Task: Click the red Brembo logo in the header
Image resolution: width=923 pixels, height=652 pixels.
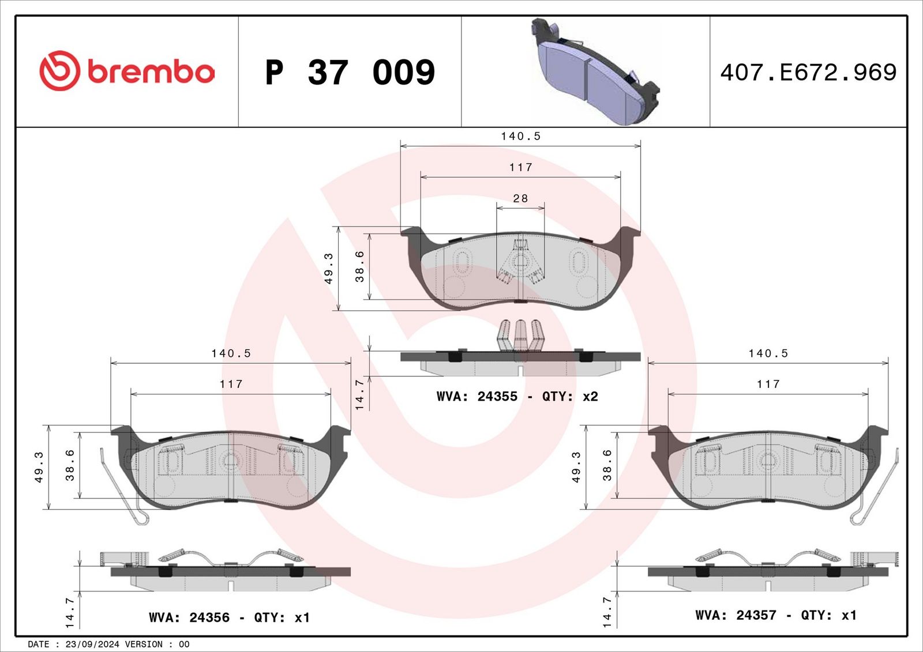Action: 127,71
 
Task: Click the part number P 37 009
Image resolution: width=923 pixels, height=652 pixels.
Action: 350,73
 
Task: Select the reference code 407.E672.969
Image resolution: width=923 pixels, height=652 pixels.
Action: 808,73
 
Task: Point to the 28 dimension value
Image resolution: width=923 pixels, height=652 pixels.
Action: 520,198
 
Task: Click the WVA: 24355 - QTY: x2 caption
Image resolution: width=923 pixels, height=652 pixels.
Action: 517,397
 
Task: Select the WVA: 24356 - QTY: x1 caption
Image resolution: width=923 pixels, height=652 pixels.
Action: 229,618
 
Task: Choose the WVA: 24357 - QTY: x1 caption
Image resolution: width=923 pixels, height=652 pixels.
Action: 776,615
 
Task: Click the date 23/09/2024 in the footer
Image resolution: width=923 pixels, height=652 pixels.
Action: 92,644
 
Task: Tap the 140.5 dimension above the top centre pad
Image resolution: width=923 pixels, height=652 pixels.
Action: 520,136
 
